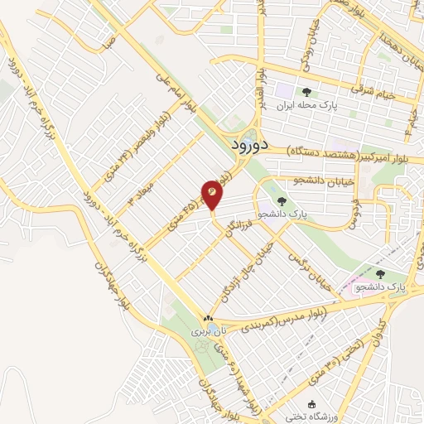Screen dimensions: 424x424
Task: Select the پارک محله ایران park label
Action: click(x=307, y=106)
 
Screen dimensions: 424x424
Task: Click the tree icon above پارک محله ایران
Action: click(x=307, y=93)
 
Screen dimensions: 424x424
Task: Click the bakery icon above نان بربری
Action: click(x=208, y=318)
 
